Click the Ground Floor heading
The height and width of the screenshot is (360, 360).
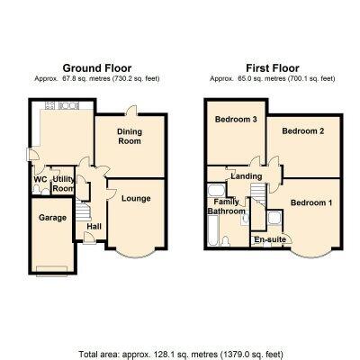coord(97,68)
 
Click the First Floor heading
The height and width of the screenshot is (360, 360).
coord(273,68)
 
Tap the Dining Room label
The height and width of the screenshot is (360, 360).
coord(130,136)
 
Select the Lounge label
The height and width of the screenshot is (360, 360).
coord(136,198)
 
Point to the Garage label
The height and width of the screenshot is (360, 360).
coord(52,218)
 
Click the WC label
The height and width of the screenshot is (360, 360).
coord(40,179)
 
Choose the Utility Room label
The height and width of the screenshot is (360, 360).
coord(63,184)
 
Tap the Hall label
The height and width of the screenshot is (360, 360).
coord(94,227)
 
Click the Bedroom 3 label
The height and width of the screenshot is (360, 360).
coord(236,120)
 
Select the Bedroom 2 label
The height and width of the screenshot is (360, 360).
coord(303,131)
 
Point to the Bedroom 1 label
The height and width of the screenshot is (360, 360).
coord(311,202)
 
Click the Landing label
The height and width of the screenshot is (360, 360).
coord(247,176)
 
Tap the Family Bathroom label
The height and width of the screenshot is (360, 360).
coord(227,206)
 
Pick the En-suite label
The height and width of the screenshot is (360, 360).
coord(270,239)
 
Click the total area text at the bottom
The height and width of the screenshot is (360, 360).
coord(181,354)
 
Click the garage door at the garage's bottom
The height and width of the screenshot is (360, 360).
coord(51,269)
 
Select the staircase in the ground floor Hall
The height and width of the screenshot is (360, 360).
coord(83,211)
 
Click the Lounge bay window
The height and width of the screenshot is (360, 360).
coord(135,255)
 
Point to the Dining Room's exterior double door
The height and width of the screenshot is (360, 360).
coord(131,111)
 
